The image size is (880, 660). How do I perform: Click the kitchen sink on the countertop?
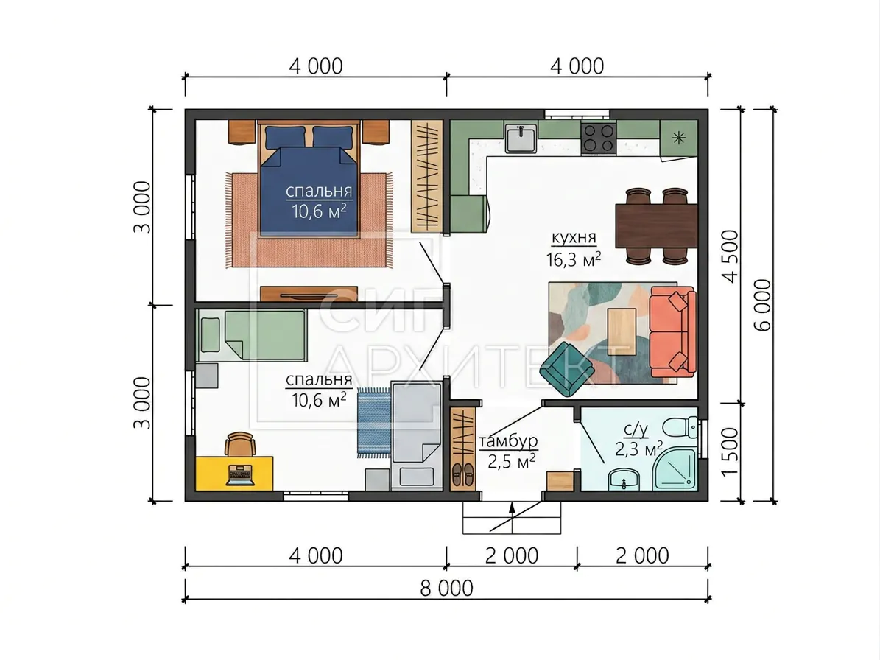tap(521, 138)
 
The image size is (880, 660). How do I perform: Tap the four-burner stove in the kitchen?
tap(598, 138)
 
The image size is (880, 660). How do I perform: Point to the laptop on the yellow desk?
tap(240, 475)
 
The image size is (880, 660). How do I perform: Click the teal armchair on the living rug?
tap(568, 369)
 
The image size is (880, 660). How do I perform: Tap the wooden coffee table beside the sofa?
tap(622, 331)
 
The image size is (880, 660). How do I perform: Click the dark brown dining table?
tap(657, 226)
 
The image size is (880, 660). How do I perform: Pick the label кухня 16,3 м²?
tap(574, 248)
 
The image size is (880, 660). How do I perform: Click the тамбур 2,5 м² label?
tap(508, 452)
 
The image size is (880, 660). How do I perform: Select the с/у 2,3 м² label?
tap(638, 440)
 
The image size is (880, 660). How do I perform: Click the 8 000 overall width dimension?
tap(447, 588)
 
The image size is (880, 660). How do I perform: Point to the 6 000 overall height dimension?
tap(764, 305)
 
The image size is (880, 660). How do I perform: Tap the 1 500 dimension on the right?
tap(730, 452)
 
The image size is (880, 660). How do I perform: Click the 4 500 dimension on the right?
tap(731, 256)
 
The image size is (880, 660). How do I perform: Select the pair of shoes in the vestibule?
tap(462, 474)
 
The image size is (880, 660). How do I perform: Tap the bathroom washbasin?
tap(624, 480)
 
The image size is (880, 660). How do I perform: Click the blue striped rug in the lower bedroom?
tap(374, 421)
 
